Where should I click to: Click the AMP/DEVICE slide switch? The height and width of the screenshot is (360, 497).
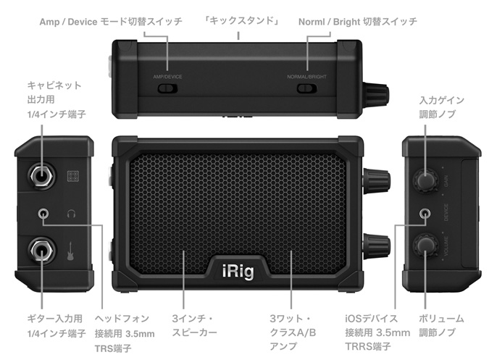167,88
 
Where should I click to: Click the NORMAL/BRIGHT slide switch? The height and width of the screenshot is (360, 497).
307,88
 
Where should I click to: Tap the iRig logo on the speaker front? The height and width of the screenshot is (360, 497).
238,271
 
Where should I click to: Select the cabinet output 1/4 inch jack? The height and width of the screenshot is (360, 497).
41,175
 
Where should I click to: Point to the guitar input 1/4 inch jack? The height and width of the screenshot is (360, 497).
41,251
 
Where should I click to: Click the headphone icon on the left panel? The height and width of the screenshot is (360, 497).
72,214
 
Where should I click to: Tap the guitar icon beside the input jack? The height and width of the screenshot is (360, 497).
72,251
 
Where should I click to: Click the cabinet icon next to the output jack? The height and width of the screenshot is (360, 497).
73,176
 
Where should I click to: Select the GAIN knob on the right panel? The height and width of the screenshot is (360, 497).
425,180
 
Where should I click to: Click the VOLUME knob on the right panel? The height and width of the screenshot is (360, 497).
425,246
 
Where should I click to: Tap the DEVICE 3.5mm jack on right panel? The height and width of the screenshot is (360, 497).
425,214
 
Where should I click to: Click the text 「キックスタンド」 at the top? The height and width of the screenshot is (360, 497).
241,21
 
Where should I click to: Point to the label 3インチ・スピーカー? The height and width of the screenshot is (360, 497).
195,325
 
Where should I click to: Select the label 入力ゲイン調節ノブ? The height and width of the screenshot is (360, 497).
441,107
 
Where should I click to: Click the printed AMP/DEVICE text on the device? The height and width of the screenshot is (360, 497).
167,77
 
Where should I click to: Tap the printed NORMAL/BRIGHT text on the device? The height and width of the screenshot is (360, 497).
306,77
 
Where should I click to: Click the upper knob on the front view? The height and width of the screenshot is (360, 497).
377,179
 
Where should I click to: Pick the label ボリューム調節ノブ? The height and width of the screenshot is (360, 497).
441,325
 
